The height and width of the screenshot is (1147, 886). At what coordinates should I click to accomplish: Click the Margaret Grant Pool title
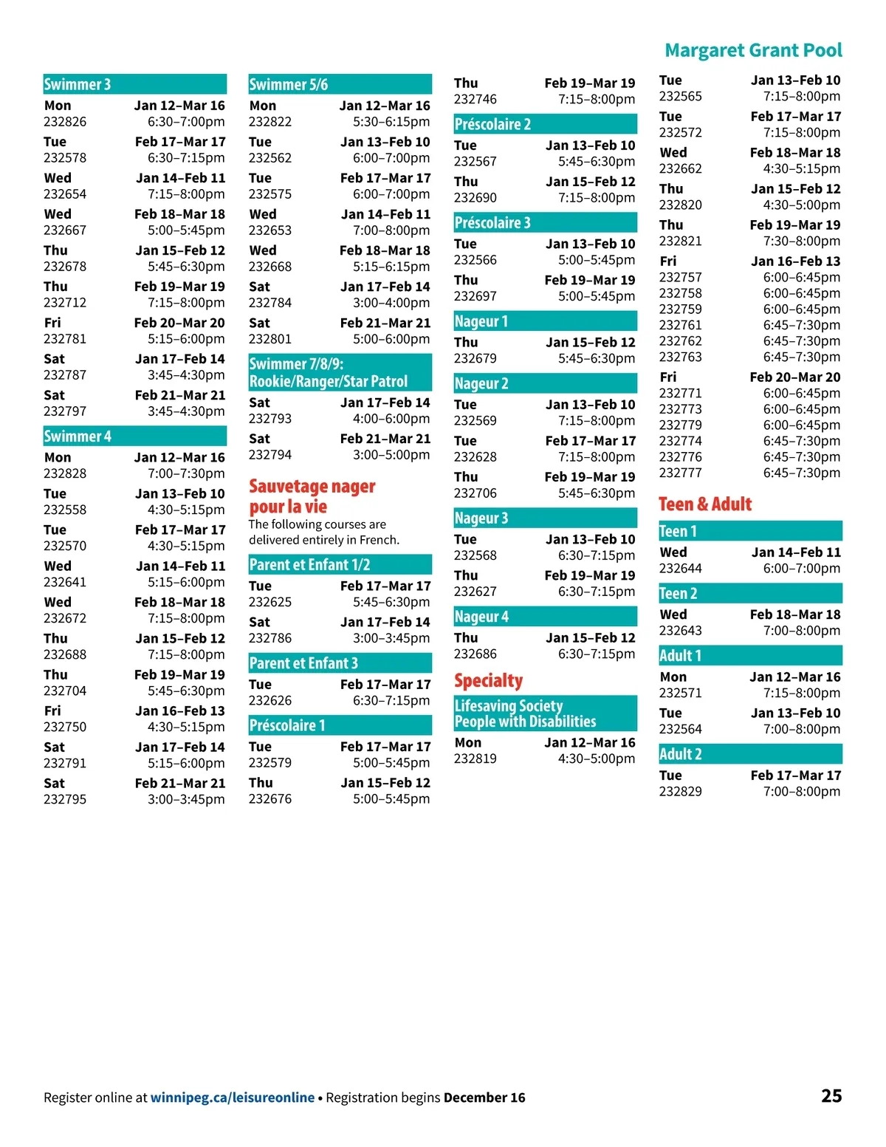[x=753, y=50]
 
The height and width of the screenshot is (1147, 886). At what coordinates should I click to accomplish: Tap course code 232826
[x=65, y=122]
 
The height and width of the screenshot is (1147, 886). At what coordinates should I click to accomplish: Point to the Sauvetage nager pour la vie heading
[x=312, y=496]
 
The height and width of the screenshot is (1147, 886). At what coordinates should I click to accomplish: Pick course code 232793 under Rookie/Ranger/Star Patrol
[x=270, y=419]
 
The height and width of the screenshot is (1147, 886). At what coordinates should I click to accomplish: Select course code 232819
[x=475, y=759]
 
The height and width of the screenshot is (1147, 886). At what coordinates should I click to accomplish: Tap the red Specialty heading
[x=489, y=680]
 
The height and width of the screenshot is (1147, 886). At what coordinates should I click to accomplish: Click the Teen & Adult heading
[x=705, y=504]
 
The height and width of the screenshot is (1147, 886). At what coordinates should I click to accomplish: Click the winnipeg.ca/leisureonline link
[x=233, y=1098]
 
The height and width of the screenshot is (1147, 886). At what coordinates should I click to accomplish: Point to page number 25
[x=831, y=1096]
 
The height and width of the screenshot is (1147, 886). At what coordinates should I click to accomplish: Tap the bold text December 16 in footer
[x=484, y=1098]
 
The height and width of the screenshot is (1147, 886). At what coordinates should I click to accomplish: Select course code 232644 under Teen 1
[x=681, y=569]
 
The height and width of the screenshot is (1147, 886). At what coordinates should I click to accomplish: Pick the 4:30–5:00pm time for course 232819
[x=597, y=759]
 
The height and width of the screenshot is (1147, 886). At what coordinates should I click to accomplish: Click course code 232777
[x=681, y=473]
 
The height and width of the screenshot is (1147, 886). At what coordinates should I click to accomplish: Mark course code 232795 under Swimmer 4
[x=65, y=799]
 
